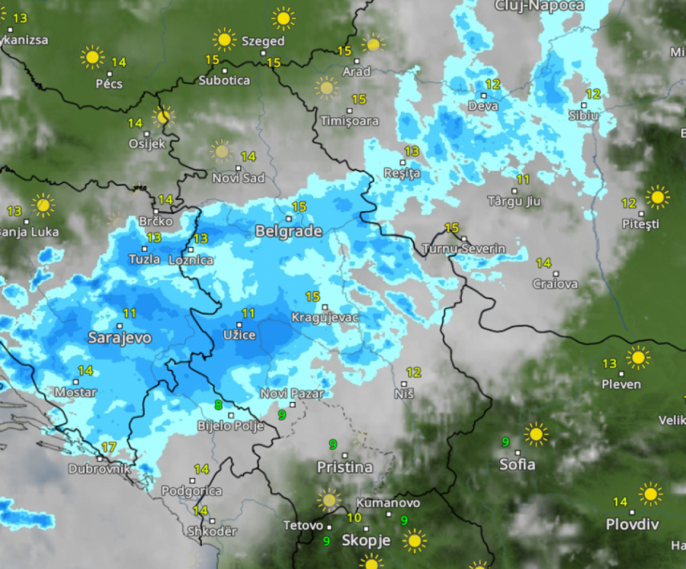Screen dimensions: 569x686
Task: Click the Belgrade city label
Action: (288, 230)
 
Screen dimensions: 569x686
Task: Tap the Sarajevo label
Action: (120, 337)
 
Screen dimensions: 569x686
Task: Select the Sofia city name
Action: (517, 464)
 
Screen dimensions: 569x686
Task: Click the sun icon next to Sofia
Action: (536, 434)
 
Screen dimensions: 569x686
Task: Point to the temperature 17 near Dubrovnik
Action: (109, 447)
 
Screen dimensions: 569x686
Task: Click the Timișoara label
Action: (349, 121)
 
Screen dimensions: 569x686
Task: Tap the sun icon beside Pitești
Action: (656, 197)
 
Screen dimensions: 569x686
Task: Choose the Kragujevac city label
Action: (325, 317)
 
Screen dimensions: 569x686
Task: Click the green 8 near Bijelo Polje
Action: (219, 405)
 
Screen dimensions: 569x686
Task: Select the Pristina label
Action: (345, 467)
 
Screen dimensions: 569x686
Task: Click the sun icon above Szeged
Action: (283, 18)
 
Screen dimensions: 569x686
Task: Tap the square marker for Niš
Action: (404, 383)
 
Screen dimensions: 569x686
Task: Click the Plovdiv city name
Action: (632, 524)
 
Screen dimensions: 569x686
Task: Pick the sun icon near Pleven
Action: (637, 357)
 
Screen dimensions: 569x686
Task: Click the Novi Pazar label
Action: (291, 394)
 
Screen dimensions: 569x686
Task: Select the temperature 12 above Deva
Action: (492, 85)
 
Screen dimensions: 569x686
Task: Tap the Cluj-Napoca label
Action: (539, 6)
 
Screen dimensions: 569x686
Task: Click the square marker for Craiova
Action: (556, 273)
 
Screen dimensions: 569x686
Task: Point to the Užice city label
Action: (239, 334)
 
